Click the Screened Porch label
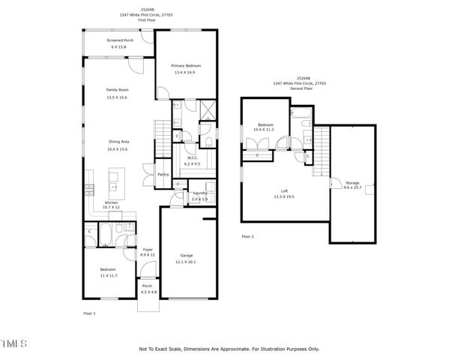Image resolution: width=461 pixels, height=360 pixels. point(118,40)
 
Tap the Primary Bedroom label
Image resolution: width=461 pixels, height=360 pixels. point(187,67)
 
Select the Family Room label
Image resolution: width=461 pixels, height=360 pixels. point(117,90)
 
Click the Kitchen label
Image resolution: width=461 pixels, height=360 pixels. point(111,202)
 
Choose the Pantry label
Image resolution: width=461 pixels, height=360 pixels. point(163,175)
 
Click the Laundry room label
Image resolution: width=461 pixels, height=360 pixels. point(199,193)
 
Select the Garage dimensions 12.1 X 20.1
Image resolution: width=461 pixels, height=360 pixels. point(187,262)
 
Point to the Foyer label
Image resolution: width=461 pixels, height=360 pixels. point(148,249)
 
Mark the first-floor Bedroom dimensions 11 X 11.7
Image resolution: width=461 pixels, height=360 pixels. point(108,276)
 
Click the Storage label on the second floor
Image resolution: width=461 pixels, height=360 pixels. point(352,182)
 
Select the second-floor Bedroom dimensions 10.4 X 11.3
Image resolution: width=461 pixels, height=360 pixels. point(266,130)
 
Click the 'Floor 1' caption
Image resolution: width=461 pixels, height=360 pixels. point(89,313)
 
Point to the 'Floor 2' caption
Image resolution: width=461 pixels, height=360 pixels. point(247,236)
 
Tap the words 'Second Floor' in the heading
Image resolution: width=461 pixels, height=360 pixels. point(304,89)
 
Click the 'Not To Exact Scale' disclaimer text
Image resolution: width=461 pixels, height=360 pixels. point(229,349)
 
